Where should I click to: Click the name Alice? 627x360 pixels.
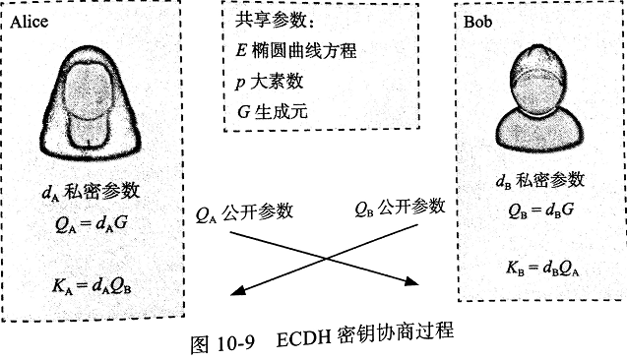pos(31,22)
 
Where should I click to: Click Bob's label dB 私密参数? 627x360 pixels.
pos(539,181)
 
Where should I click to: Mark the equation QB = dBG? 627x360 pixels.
pos(537,210)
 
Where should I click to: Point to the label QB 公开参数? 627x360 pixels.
pos(398,208)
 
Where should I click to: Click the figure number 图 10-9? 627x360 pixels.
pos(220,343)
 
